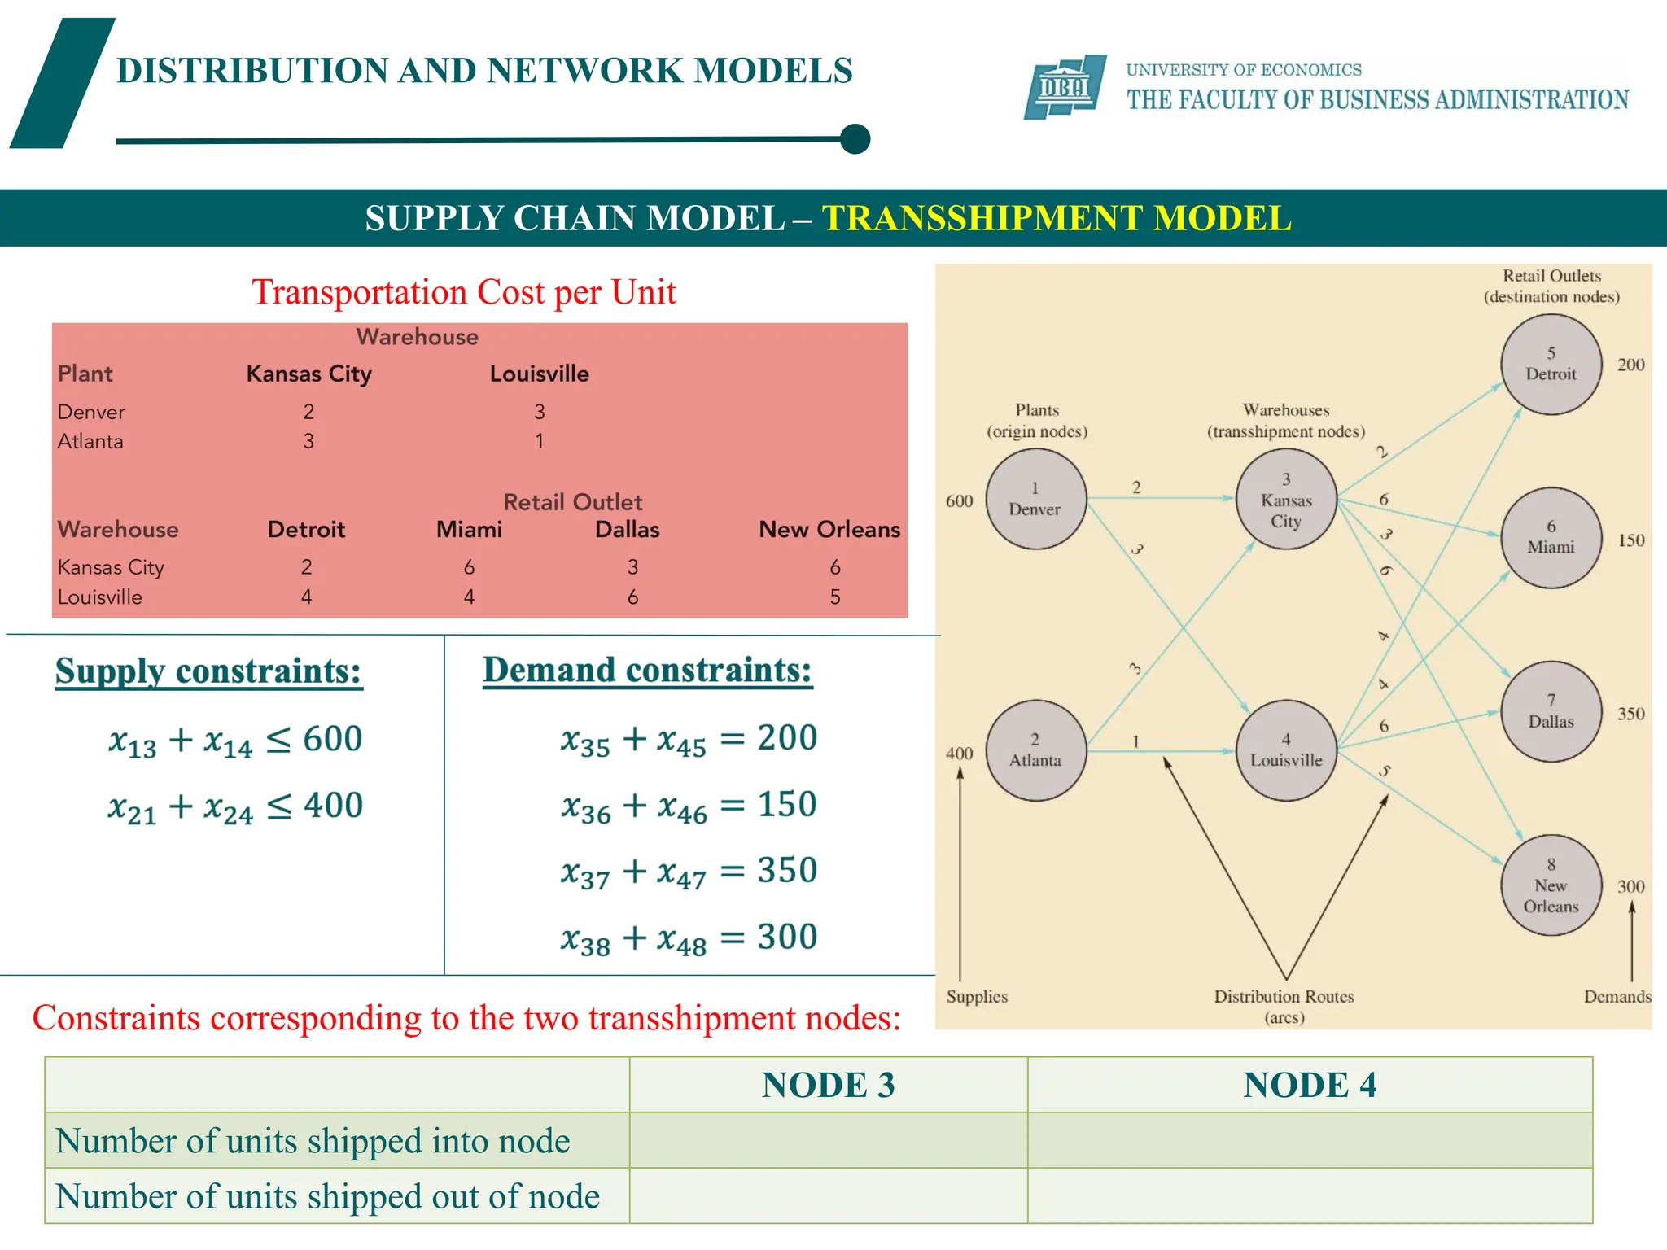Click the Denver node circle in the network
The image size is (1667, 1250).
coord(1035,499)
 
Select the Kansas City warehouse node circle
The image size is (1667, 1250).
coord(1285,499)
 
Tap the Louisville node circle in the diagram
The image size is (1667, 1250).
coord(1285,750)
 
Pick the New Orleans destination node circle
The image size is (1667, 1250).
coord(1551,885)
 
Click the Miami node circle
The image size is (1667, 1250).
coord(1551,538)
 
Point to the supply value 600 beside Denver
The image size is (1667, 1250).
coord(959,501)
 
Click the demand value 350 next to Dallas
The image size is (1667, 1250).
coord(1630,714)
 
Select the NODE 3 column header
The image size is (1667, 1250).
coord(828,1085)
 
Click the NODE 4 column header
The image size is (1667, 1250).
coord(1309,1085)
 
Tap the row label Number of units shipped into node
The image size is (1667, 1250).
coord(313,1141)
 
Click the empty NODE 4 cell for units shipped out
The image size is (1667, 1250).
coord(1309,1196)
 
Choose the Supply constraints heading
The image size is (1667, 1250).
coord(208,671)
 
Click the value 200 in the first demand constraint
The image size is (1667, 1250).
coord(787,737)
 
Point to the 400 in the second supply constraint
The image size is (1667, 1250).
coord(333,806)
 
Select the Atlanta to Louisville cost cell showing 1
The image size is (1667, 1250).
coord(539,441)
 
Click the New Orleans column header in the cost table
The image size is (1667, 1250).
coord(829,530)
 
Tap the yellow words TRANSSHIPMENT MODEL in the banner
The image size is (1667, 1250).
coord(1056,218)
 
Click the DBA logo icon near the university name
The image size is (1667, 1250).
coord(1065,87)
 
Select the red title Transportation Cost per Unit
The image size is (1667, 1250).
coord(463,292)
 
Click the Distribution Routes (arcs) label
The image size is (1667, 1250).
coord(1284,1006)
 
